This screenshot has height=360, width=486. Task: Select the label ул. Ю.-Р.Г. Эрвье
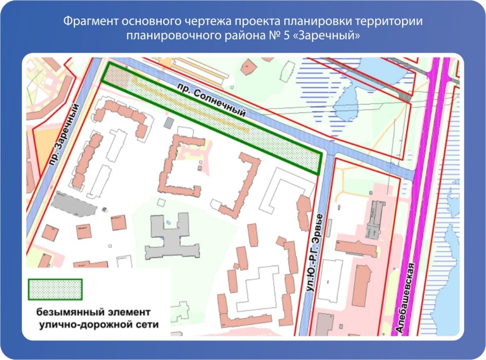coord(315,253)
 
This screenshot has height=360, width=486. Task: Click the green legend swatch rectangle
coord(55,289)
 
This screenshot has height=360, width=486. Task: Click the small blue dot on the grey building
coord(168,223)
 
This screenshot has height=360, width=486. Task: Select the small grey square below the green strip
coord(168,123)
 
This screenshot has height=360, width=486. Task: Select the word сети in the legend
coord(147,323)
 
